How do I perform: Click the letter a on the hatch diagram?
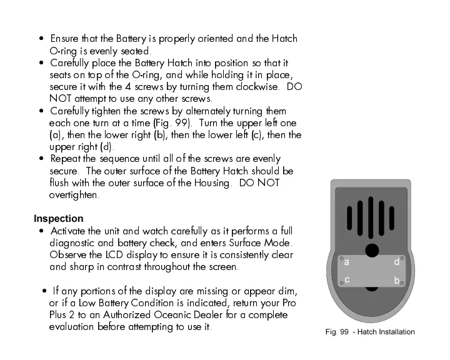(x=346, y=263)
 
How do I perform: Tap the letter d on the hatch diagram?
(x=397, y=262)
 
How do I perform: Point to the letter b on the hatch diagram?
(x=397, y=282)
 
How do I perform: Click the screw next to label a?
(x=341, y=258)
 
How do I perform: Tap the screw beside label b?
(x=402, y=283)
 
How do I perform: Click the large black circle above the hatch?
(x=372, y=250)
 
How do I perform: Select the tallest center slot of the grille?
(x=372, y=217)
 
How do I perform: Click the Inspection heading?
(x=58, y=219)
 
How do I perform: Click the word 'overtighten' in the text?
(x=73, y=195)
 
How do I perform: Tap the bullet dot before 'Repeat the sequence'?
(x=41, y=159)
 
